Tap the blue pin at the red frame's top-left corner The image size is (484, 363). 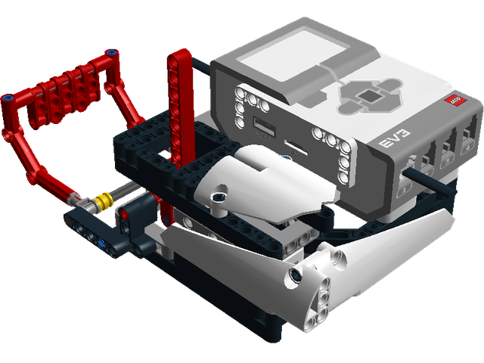pyautogui.click(x=8, y=98)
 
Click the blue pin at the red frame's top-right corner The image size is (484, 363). pyautogui.click(x=113, y=53)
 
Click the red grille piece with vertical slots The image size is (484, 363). pyautogui.click(x=67, y=87)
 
